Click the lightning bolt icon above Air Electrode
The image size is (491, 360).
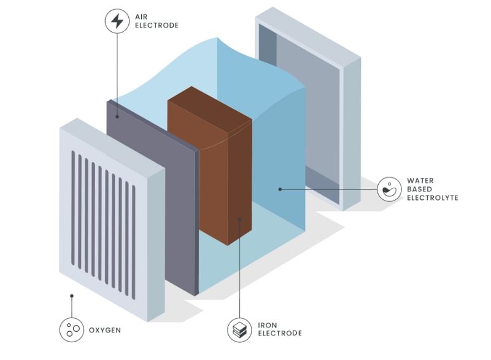click(x=117, y=21)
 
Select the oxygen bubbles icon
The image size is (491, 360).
click(x=72, y=330)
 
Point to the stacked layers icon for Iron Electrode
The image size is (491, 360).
click(x=239, y=330)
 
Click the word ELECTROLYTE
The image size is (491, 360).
click(x=433, y=198)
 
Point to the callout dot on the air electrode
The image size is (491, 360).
click(x=117, y=112)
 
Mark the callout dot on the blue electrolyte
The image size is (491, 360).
click(x=280, y=189)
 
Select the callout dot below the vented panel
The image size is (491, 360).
click(x=72, y=296)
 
